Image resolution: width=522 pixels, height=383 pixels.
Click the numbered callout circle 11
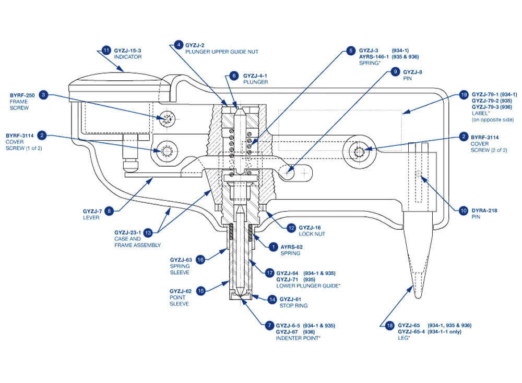tap(106, 51)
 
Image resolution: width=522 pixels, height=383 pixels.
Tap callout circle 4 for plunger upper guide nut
tap(179, 45)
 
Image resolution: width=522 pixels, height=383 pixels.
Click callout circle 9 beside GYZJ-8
tap(395, 71)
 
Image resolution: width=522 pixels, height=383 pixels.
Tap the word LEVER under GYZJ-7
tap(91, 218)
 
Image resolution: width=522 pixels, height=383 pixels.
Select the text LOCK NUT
tap(312, 234)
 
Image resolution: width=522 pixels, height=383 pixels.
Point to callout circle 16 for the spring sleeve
tap(199, 258)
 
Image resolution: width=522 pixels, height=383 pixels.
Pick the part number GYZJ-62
tap(181, 291)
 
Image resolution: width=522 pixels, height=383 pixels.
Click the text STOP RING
tap(293, 306)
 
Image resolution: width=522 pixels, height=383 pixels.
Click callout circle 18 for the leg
tap(390, 326)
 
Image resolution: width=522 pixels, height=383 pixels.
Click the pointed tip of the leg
tap(418, 295)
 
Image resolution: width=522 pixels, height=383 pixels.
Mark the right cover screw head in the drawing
tap(361, 151)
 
